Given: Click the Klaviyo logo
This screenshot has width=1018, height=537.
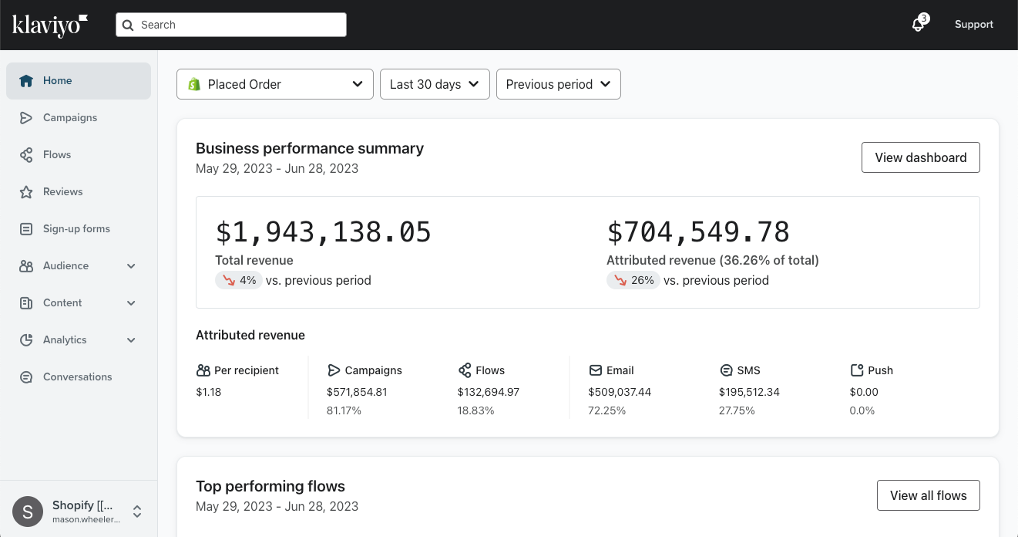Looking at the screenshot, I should tap(50, 25).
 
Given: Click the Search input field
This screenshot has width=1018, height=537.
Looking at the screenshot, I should tap(231, 25).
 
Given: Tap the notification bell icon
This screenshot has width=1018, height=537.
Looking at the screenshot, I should tap(918, 25).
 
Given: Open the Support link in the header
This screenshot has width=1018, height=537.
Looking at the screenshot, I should tap(973, 25).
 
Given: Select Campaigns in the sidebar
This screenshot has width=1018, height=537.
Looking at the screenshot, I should tap(69, 118).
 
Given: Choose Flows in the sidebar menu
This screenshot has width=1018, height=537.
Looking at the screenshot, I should tap(57, 155).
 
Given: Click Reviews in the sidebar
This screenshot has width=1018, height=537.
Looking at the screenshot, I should tap(62, 192).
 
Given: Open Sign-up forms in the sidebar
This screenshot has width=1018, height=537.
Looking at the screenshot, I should tap(76, 229).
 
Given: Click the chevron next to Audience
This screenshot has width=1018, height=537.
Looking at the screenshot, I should tap(131, 266).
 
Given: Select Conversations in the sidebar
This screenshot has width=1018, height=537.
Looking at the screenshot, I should tap(77, 377).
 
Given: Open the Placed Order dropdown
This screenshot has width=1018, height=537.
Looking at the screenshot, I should tap(275, 84).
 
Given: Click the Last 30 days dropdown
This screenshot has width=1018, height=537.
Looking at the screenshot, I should tap(435, 84).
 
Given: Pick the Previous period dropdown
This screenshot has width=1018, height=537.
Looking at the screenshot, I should tap(559, 84).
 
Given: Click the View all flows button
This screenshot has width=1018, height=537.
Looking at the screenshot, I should tap(928, 495).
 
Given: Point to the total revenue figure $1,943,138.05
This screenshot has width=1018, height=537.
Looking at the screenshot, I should tap(323, 232).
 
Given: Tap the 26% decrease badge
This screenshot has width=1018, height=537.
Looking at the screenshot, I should tap(633, 281).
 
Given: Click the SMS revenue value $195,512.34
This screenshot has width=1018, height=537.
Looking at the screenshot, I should tap(749, 392).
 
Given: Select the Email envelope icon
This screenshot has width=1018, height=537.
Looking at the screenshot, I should tap(595, 370).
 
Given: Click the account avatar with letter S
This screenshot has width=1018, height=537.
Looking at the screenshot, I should tap(28, 512).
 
